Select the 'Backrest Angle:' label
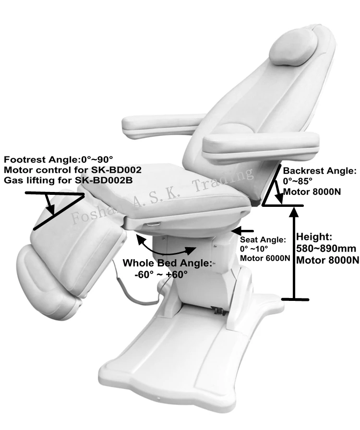(320, 171)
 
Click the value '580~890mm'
(325, 249)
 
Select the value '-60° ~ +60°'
(161, 275)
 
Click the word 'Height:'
(314, 237)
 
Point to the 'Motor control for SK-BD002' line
(72, 170)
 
